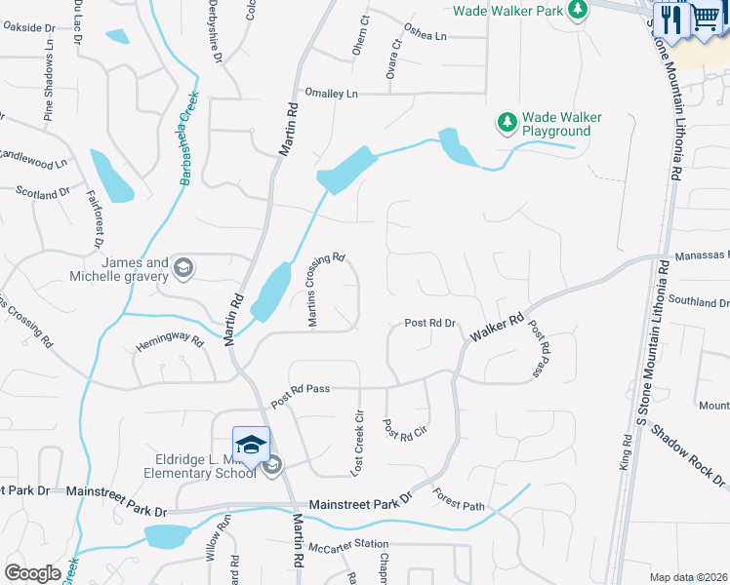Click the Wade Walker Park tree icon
579,10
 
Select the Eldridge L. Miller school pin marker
251,444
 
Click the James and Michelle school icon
182,267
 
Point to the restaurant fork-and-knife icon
670,18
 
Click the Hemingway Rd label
169,342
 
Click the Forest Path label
459,499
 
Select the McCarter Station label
348,544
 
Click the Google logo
33,572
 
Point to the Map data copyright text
688,577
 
